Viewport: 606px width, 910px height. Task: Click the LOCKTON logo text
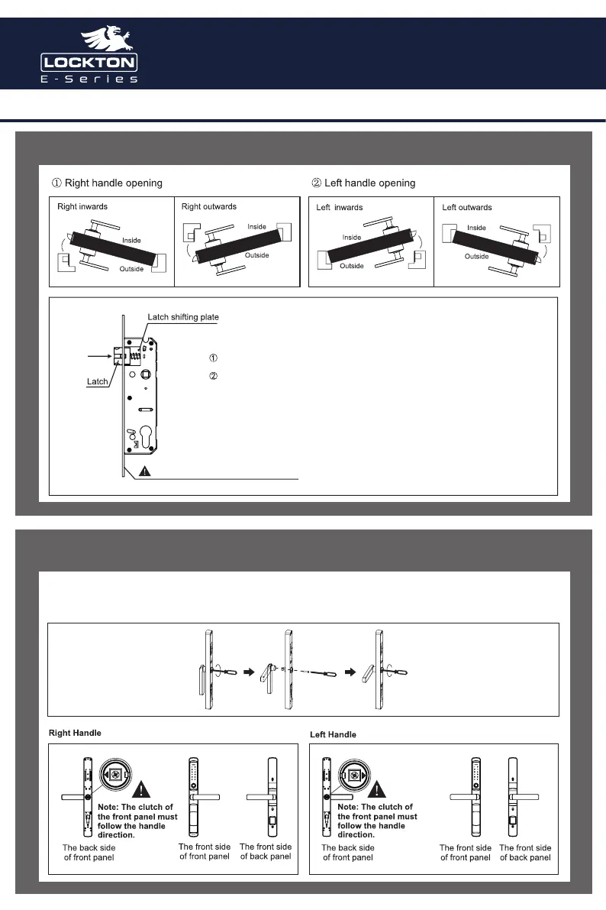(89, 62)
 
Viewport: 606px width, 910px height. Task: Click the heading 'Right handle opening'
(107, 183)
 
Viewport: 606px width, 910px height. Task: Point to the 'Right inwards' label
(82, 207)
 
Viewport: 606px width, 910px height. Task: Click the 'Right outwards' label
(209, 206)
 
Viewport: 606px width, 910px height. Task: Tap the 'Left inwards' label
(340, 208)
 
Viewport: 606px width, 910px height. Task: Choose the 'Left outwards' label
(467, 208)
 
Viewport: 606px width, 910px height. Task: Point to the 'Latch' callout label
(97, 381)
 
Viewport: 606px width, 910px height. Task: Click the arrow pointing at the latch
(99, 355)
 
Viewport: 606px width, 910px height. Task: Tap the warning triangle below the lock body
(147, 471)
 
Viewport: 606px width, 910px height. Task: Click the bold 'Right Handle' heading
(75, 733)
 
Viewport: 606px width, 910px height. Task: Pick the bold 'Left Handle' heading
(333, 734)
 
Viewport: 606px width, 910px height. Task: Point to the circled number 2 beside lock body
(214, 376)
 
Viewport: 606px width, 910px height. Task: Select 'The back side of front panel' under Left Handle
(348, 853)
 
